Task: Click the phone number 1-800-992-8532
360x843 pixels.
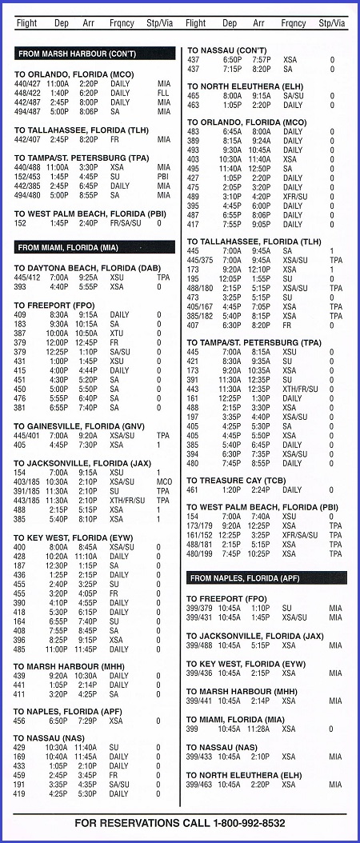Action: coord(248,823)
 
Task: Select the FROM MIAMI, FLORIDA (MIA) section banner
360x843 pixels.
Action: coord(95,247)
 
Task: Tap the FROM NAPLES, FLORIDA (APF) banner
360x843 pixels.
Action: coord(266,577)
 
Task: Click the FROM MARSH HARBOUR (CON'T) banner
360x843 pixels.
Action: coord(95,54)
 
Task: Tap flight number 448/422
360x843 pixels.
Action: coord(28,93)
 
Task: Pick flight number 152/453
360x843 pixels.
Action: coord(28,177)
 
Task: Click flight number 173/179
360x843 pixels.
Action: coord(199,525)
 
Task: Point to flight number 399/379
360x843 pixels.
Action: coord(199,608)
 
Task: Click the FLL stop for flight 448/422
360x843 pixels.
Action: coord(164,93)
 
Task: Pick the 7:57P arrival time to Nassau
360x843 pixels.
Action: coord(262,60)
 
